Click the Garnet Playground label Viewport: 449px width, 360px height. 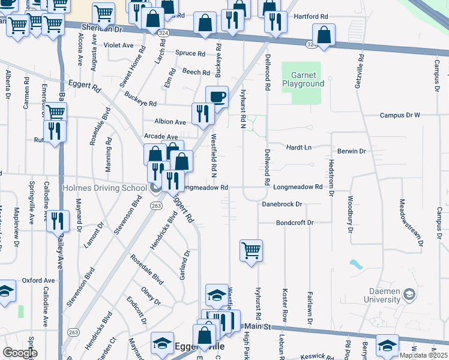307,79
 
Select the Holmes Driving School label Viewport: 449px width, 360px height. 104,188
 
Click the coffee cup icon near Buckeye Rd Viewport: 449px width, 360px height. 217,96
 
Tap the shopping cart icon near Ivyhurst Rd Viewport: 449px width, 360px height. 251,250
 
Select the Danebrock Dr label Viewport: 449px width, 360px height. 282,204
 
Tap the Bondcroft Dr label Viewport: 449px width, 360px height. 295,223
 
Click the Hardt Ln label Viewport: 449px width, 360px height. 299,147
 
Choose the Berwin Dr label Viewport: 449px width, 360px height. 351,151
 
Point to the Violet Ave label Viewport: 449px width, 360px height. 118,45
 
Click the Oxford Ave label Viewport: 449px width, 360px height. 38,280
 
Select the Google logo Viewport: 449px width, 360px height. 19,353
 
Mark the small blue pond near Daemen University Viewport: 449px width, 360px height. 357,264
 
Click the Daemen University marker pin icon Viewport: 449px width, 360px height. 409,295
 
